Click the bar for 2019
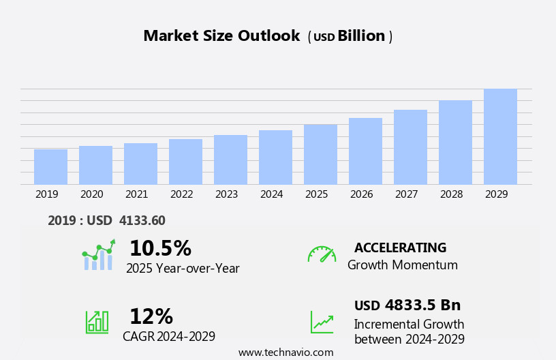(50, 167)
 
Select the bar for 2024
(275, 157)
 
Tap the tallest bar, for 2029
(500, 137)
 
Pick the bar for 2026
(365, 151)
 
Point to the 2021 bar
(140, 164)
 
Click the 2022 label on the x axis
(182, 194)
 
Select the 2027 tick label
(407, 194)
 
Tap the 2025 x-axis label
(317, 194)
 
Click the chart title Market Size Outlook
(221, 36)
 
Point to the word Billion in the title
(361, 36)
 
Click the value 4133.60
(142, 220)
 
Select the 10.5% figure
(160, 248)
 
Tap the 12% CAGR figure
(151, 316)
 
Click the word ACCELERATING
(400, 247)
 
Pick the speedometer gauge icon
(322, 254)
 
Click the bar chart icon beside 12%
(97, 322)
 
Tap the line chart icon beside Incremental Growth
(322, 322)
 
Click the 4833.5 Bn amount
(422, 305)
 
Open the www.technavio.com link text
(285, 352)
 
